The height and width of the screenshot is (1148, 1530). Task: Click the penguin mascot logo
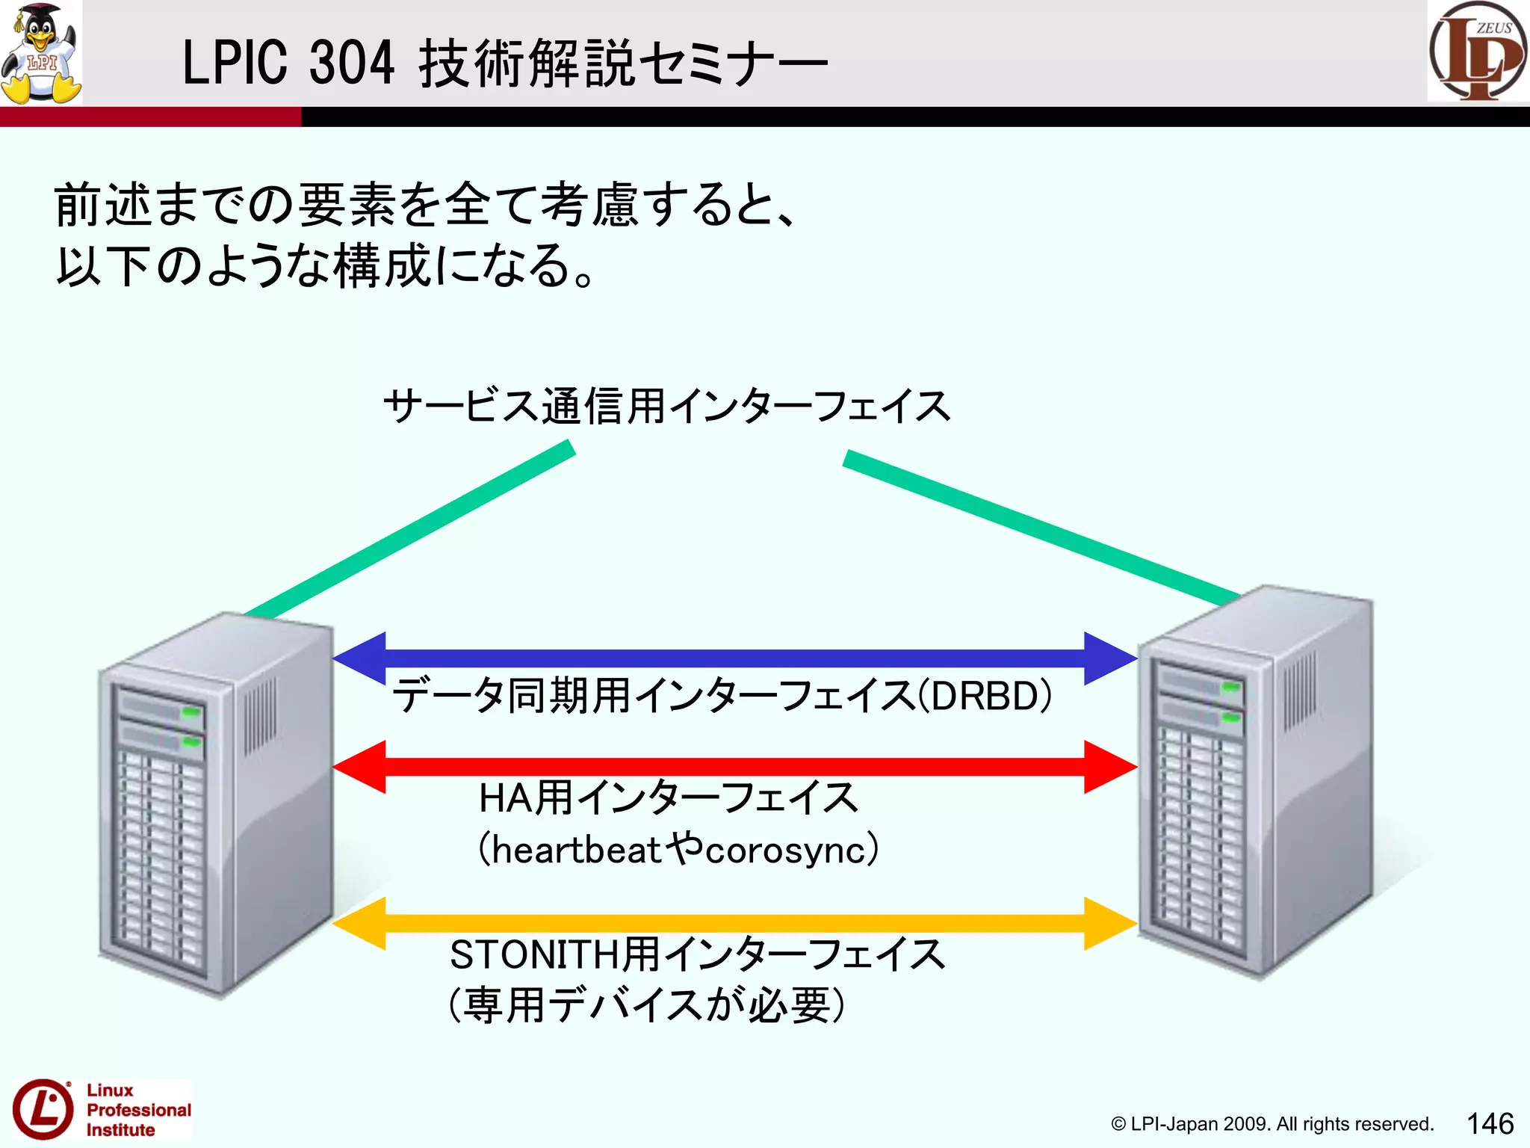point(41,52)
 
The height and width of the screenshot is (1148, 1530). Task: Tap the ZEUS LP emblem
point(1478,51)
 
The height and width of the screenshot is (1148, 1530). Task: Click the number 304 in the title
point(351,63)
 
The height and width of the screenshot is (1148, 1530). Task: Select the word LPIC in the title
point(235,63)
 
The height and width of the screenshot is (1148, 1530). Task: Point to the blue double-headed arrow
point(734,658)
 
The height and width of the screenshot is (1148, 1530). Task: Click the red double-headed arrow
point(734,767)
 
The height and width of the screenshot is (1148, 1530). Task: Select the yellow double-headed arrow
point(734,924)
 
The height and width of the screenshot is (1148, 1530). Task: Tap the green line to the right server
point(1038,528)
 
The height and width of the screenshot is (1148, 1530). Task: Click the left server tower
point(217,803)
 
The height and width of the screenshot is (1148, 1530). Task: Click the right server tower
point(1255,781)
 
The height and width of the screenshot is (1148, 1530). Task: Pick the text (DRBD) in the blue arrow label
point(985,696)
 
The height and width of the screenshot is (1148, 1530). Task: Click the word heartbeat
point(577,851)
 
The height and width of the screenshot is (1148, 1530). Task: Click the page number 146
point(1490,1123)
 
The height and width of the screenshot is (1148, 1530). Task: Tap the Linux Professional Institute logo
point(101,1110)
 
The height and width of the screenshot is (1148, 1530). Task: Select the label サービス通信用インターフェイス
point(666,407)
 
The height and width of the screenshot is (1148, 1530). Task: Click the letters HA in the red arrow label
point(506,797)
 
